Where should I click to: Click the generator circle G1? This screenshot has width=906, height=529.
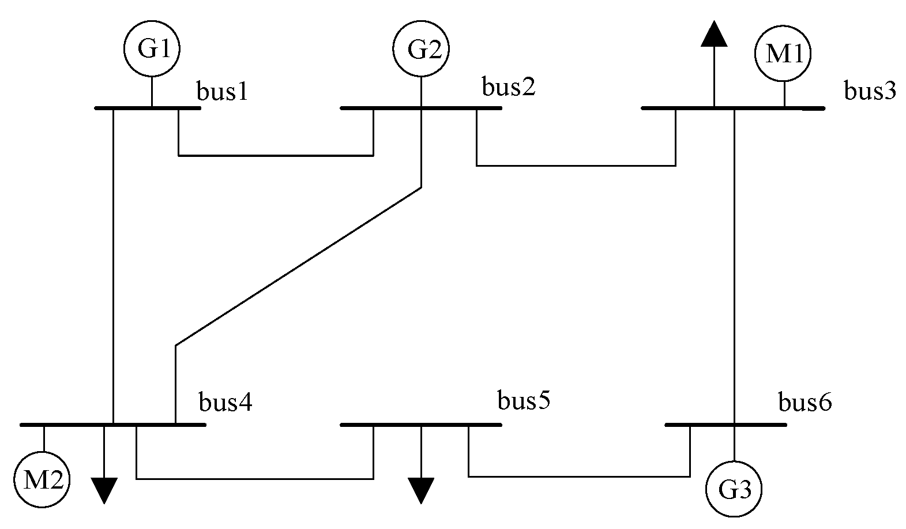pyautogui.click(x=152, y=50)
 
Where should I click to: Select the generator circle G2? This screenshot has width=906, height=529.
pyautogui.click(x=421, y=50)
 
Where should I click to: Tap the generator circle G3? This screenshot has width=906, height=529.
pyautogui.click(x=734, y=489)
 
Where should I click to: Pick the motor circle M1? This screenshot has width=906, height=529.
pyautogui.click(x=783, y=54)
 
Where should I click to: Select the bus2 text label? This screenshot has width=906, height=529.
pyautogui.click(x=509, y=87)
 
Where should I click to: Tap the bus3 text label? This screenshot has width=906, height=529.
pyautogui.click(x=870, y=91)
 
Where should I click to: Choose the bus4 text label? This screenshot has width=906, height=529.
pyautogui.click(x=225, y=403)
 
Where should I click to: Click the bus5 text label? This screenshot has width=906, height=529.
pyautogui.click(x=524, y=400)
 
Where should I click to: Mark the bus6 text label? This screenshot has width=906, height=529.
pyautogui.click(x=805, y=403)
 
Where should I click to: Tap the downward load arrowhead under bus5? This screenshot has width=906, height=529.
pyautogui.click(x=421, y=490)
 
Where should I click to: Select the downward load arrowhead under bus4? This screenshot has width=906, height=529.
pyautogui.click(x=104, y=490)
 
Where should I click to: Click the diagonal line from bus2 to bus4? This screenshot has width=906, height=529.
pyautogui.click(x=298, y=266)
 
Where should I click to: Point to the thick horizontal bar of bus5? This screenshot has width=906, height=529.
pyautogui.click(x=421, y=425)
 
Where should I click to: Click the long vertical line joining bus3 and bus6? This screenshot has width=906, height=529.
pyautogui.click(x=734, y=265)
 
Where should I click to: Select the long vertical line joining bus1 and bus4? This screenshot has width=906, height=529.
pyautogui.click(x=113, y=265)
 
